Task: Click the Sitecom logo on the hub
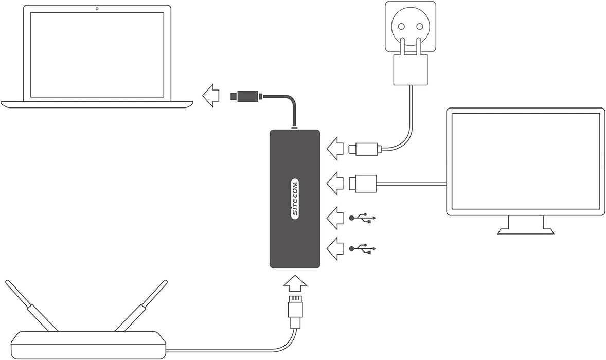[x=295, y=199]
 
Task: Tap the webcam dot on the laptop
[x=97, y=9]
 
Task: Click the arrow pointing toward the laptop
[x=210, y=96]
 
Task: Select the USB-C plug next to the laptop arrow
[x=246, y=96]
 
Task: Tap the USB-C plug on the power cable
[x=365, y=150]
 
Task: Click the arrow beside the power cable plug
[x=335, y=150]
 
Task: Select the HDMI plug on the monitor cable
[x=362, y=183]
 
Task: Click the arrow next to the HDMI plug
[x=335, y=184]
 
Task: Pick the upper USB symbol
[x=363, y=218]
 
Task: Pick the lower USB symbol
[x=363, y=249]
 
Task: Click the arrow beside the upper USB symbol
[x=335, y=218]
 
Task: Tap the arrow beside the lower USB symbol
[x=335, y=249]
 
